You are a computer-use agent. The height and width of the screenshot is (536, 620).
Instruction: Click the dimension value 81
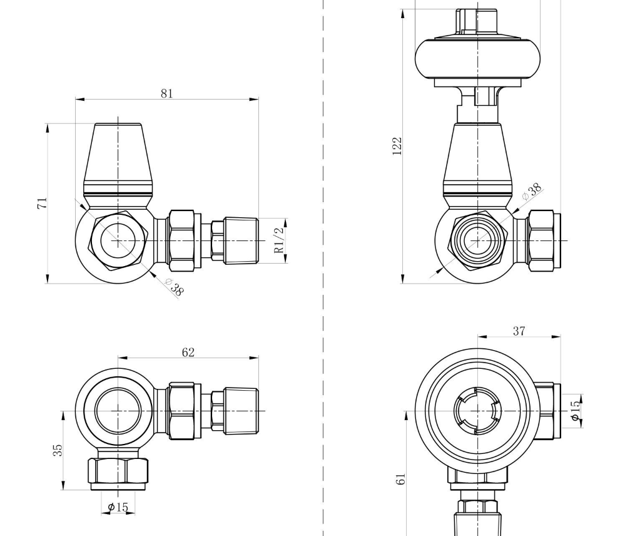[x=166, y=93]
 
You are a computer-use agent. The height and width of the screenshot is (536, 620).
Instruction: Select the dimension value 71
[x=42, y=203]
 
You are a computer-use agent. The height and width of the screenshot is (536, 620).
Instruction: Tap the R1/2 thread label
[x=280, y=240]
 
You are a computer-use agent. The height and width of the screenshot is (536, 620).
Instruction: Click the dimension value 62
[x=188, y=353]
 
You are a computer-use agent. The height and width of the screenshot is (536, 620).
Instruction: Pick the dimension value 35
[x=58, y=450]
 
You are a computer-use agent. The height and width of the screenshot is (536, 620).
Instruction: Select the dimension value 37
[x=519, y=331]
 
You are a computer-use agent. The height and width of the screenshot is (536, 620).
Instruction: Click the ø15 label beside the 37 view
[x=575, y=410]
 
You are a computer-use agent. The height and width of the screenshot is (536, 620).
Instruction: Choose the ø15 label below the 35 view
[x=118, y=507]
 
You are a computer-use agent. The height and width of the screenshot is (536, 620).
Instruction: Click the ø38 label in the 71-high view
[x=175, y=287]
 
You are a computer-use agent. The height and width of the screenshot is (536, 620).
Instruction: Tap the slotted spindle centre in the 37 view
[x=477, y=411]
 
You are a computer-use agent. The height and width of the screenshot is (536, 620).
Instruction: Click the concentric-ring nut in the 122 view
[x=477, y=240]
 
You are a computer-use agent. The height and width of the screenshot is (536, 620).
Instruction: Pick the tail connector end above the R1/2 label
[x=241, y=239]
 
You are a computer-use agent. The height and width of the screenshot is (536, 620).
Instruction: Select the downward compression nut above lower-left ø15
[x=118, y=470]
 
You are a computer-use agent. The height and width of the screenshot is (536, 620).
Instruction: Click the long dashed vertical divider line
[x=323, y=313]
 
